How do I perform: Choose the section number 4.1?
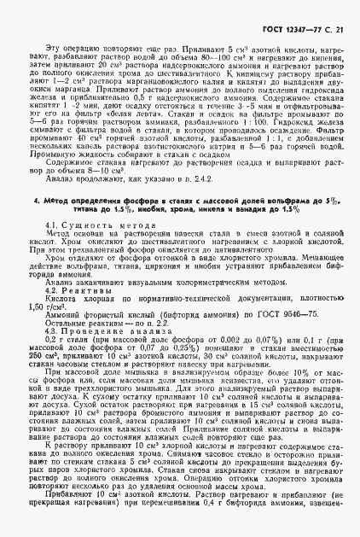[x=50, y=247]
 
